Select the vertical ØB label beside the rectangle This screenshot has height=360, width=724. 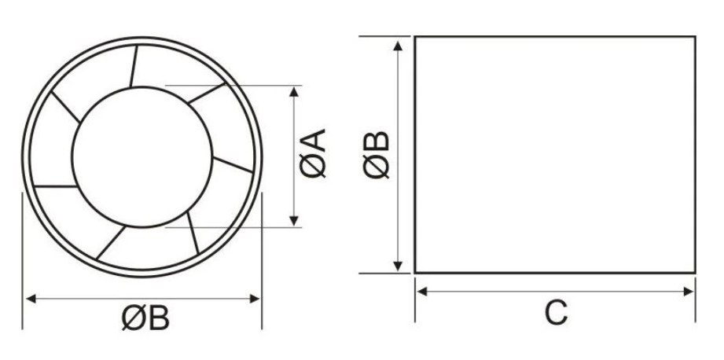pyautogui.click(x=378, y=155)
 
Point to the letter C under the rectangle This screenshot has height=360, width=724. pyautogui.click(x=556, y=313)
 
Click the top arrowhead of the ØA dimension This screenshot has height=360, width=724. pyautogui.click(x=295, y=91)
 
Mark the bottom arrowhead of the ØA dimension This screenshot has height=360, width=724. pyautogui.click(x=295, y=221)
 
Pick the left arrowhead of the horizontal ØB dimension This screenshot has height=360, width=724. pyautogui.click(x=32, y=298)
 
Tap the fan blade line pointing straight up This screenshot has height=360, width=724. pyautogui.click(x=134, y=63)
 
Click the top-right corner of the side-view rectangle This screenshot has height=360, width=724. pyautogui.click(x=695, y=36)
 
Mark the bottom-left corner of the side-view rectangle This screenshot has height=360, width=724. pyautogui.click(x=415, y=273)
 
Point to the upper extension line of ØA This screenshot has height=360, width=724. pyautogui.click(x=236, y=85)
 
